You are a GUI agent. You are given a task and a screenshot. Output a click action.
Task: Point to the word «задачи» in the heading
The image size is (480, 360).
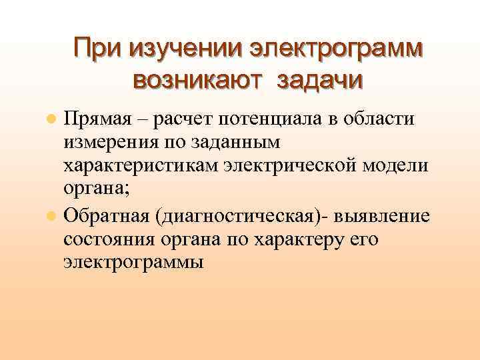coord(319,81)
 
